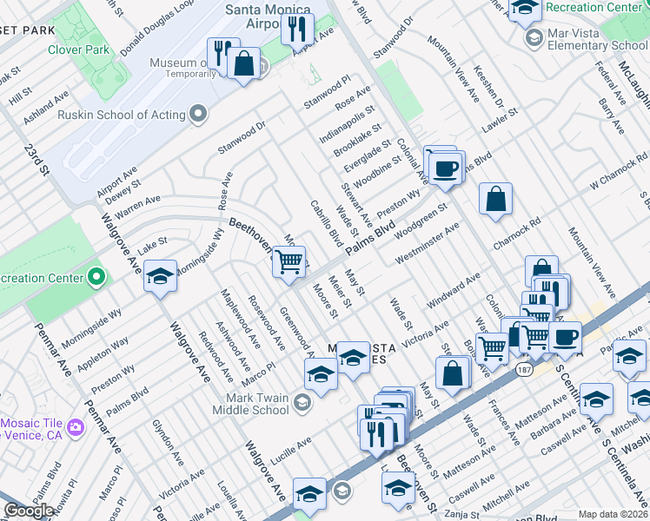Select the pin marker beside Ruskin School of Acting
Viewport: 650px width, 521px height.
[x=199, y=115]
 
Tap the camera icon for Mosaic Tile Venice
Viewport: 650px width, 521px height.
[x=76, y=427]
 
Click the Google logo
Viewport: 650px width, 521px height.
[x=30, y=511]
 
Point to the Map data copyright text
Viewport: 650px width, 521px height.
[x=613, y=514]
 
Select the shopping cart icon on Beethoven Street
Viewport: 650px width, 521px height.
[x=289, y=260]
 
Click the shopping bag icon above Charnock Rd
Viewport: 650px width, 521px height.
[x=495, y=198]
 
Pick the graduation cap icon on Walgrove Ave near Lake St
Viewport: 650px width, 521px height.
[x=160, y=275]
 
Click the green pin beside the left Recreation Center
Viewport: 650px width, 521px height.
[x=96, y=278]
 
